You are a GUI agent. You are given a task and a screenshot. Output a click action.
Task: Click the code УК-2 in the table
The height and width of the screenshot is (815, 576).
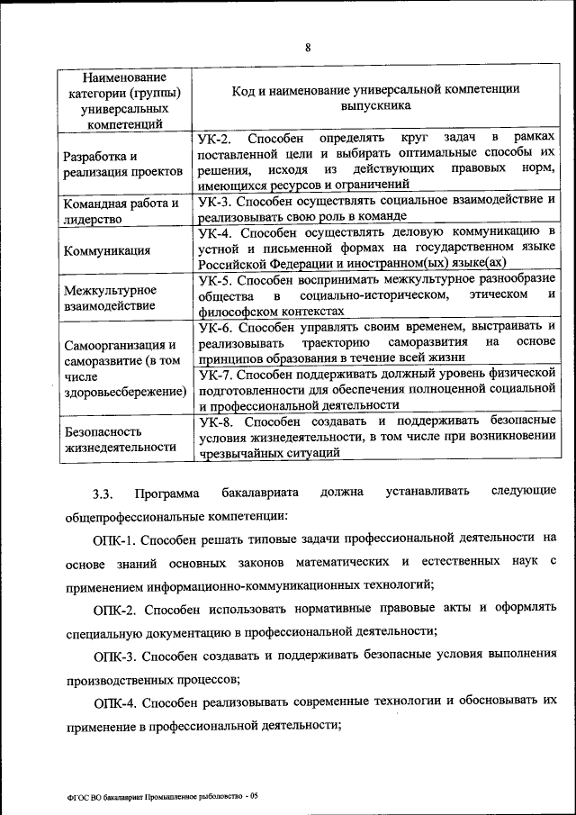[215, 139]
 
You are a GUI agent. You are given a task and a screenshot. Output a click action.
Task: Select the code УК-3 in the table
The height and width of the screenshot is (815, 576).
[216, 200]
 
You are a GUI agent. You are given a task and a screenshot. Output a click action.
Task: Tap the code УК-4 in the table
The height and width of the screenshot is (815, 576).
[216, 232]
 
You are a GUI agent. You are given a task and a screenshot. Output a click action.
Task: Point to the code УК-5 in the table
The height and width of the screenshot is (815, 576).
[216, 279]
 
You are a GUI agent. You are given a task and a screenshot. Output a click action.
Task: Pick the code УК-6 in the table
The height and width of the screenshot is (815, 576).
[216, 327]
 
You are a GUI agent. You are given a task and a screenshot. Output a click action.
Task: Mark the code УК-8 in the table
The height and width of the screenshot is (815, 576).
[216, 421]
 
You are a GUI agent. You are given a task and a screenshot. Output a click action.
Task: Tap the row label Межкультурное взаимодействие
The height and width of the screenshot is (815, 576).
[110, 298]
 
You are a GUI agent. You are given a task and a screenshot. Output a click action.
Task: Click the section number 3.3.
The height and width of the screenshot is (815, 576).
[101, 494]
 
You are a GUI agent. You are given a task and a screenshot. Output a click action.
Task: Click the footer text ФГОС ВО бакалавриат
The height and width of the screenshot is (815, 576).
[117, 796]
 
